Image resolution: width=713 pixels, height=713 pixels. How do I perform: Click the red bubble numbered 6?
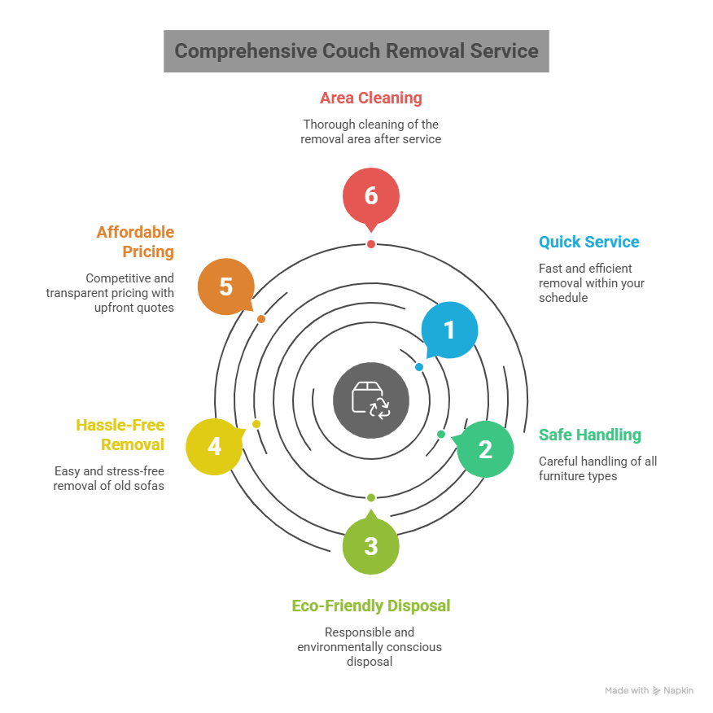pyautogui.click(x=371, y=197)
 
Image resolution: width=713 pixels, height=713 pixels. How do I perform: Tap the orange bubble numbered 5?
pyautogui.click(x=226, y=287)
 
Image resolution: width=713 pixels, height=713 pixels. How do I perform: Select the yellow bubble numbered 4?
pyautogui.click(x=214, y=446)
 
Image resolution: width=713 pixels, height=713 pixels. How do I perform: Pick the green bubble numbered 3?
pyautogui.click(x=371, y=545)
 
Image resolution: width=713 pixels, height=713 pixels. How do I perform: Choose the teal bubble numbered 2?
pyautogui.click(x=485, y=448)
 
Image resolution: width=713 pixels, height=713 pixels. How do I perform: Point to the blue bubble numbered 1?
pyautogui.click(x=448, y=330)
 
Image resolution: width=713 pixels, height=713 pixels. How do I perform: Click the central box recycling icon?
pyautogui.click(x=371, y=400)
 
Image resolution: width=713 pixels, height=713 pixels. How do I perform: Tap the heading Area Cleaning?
pyautogui.click(x=371, y=98)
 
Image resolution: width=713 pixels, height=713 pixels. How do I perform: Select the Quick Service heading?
pyautogui.click(x=588, y=242)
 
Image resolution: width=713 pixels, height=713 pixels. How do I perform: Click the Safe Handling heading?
pyautogui.click(x=589, y=435)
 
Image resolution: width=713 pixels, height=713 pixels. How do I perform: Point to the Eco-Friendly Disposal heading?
pyautogui.click(x=371, y=606)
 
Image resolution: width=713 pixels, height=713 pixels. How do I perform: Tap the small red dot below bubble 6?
pyautogui.click(x=371, y=244)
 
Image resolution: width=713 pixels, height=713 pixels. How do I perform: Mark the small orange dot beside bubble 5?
pyautogui.click(x=261, y=319)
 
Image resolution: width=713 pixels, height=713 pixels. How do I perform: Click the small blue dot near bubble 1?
pyautogui.click(x=419, y=367)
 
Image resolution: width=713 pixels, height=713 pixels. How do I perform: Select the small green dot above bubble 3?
pyautogui.click(x=371, y=497)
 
